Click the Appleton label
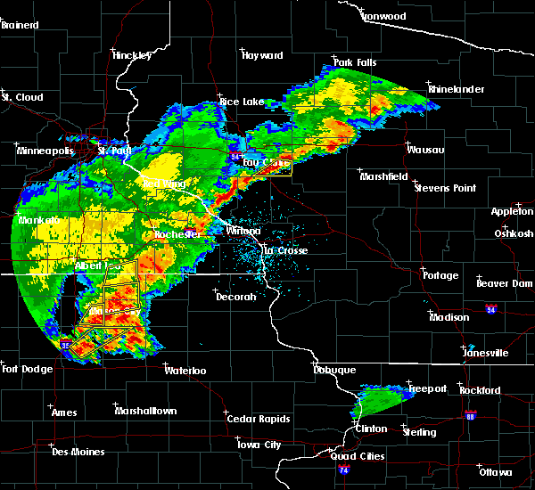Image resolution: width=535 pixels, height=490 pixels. pos(512,211)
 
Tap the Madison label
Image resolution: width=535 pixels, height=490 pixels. pos(449,317)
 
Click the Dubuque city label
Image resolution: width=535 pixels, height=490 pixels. pos(334,370)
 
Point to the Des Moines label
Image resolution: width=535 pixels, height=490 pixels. pos(78,452)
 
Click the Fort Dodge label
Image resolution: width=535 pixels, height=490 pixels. pos(24,369)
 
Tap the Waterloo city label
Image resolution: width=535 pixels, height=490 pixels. pos(186,370)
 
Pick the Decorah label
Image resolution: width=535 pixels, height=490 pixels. pos(235,297)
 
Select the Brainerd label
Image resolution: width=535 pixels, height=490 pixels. pos(20,25)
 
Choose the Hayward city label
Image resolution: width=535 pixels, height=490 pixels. pos(262,55)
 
